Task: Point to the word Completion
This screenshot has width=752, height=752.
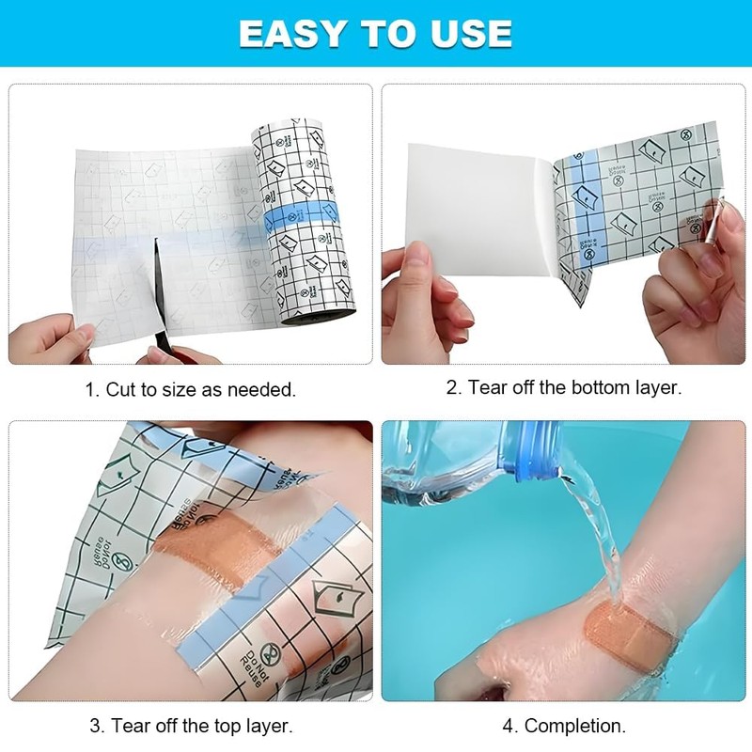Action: click(x=574, y=726)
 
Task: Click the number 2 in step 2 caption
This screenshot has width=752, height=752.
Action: click(x=452, y=387)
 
